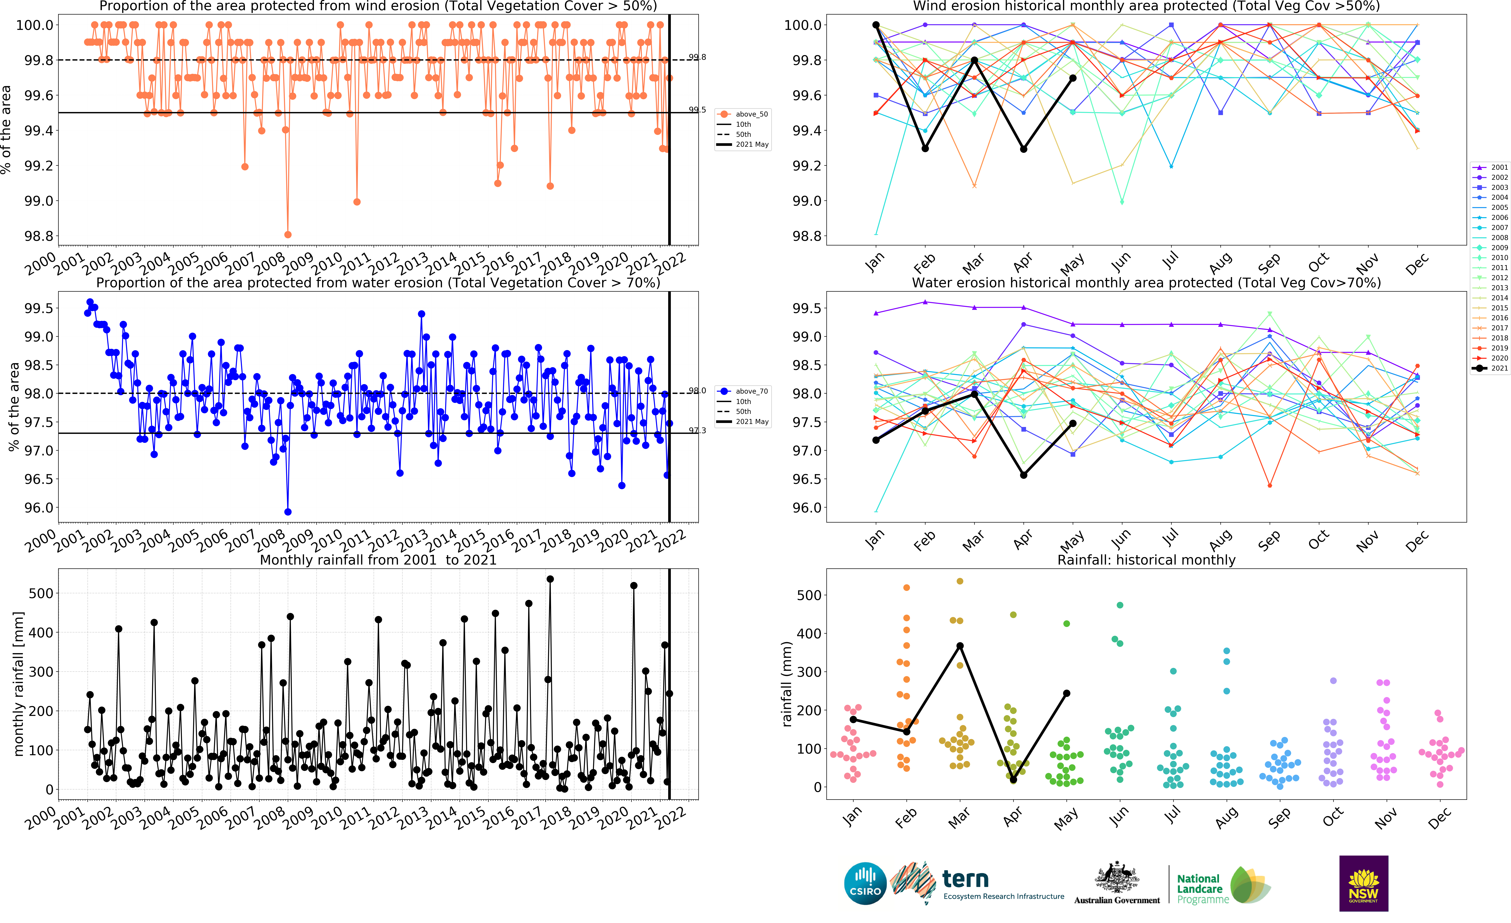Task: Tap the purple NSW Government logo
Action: tap(1363, 883)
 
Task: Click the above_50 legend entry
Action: tap(751, 114)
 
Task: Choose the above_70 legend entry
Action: tap(751, 391)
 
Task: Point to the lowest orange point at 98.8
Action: tap(288, 235)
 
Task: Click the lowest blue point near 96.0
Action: tap(288, 512)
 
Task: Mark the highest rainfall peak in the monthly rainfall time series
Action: tap(550, 579)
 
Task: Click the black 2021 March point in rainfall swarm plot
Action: tap(960, 646)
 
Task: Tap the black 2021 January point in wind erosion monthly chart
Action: tap(876, 25)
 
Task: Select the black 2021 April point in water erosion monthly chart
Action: tap(1023, 475)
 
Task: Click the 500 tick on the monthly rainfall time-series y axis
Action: tap(41, 593)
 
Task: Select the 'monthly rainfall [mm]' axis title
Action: tap(18, 683)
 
